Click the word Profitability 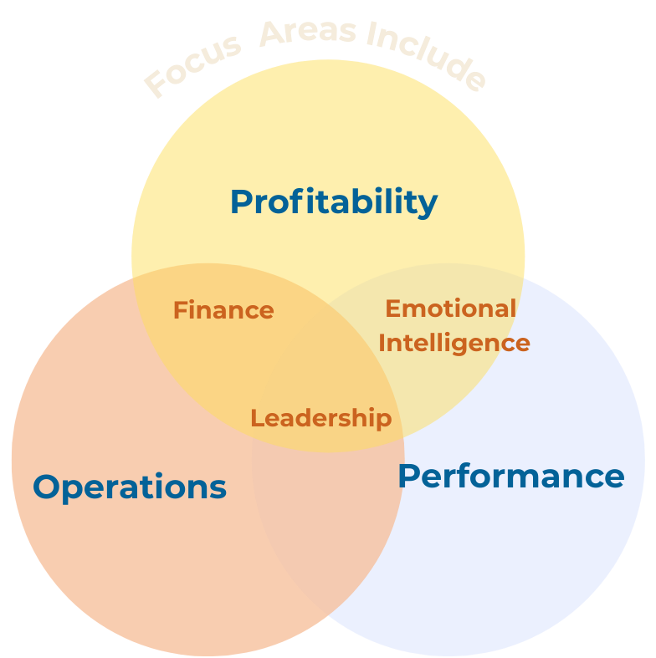(333, 202)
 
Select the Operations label (130, 487)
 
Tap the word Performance (510, 476)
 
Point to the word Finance (223, 310)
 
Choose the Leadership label (320, 418)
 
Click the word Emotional (450, 309)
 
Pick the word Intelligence (454, 343)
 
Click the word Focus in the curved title (192, 67)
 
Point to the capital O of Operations (49, 487)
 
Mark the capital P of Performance (409, 476)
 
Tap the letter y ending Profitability (428, 206)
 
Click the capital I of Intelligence (382, 343)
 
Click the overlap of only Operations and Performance (326, 535)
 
